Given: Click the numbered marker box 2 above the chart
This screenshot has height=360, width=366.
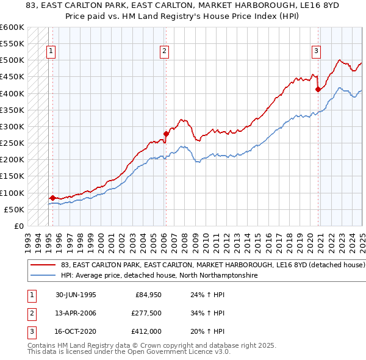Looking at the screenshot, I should coord(165,52).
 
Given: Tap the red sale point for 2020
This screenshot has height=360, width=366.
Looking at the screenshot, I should coord(318,89).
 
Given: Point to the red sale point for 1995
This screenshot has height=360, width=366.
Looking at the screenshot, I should coord(52,198).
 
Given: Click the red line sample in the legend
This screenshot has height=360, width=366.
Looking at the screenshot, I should coord(43,265).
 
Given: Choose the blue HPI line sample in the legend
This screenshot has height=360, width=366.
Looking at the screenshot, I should coord(43,276).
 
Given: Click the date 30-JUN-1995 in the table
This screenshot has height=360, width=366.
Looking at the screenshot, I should coord(75,295).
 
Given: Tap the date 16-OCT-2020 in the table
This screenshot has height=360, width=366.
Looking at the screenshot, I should coord(76,331).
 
